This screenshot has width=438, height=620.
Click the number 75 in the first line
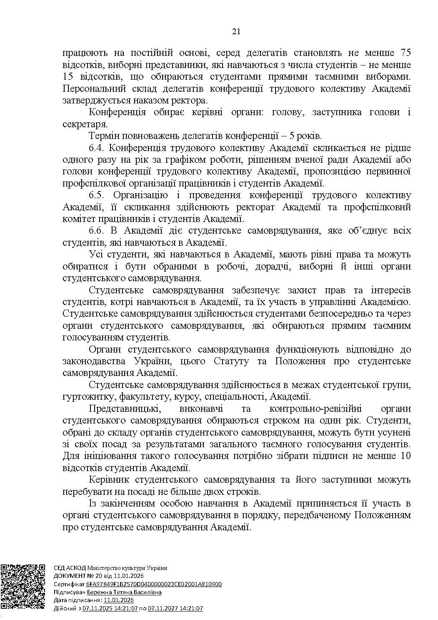pos(405,53)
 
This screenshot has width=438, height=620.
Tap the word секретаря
pos(85,124)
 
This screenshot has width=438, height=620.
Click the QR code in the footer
pos(23,587)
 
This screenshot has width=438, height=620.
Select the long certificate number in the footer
pos(154,584)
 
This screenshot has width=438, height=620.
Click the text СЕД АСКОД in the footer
pos(70,568)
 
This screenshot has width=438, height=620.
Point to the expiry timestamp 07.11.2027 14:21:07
pos(175,608)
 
